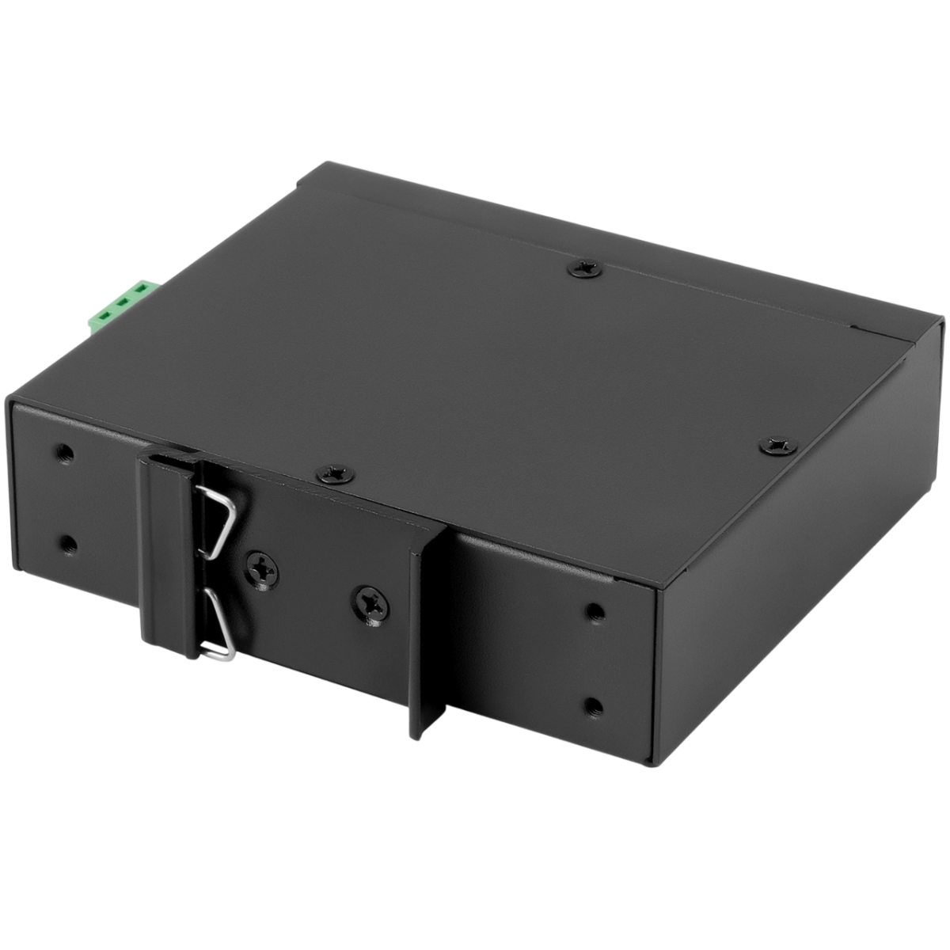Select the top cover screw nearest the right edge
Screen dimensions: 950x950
click(772, 446)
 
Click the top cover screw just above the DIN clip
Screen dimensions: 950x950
click(329, 474)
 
